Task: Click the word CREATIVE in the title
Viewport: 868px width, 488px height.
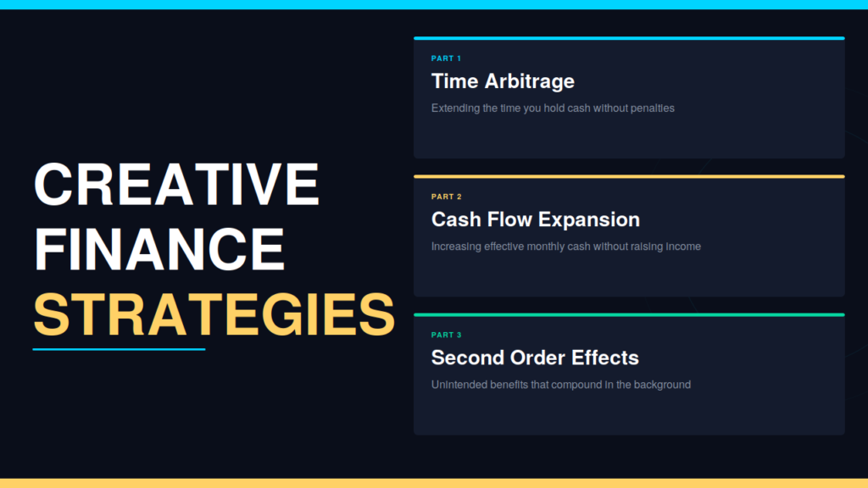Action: (x=176, y=184)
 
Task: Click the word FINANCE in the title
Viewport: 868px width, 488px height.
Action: (x=159, y=249)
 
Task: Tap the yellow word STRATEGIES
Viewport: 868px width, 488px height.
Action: (x=214, y=314)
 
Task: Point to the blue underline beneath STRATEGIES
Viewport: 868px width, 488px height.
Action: (x=119, y=349)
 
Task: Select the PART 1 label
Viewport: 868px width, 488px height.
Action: (x=446, y=58)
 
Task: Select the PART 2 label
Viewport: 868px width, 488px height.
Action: (x=446, y=197)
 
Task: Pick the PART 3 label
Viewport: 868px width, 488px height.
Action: (x=446, y=335)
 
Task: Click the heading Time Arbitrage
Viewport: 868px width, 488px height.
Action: (x=504, y=81)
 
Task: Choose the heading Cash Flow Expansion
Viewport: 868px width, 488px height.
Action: (x=536, y=219)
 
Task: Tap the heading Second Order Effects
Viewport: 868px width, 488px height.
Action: (x=535, y=358)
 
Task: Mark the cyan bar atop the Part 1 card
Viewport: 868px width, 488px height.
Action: (x=629, y=38)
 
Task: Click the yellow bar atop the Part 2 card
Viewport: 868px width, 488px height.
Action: (x=629, y=176)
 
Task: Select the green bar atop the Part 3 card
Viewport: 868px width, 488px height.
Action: (x=629, y=315)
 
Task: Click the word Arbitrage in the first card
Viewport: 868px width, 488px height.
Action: (x=530, y=82)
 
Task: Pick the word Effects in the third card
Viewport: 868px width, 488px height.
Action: (x=605, y=358)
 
